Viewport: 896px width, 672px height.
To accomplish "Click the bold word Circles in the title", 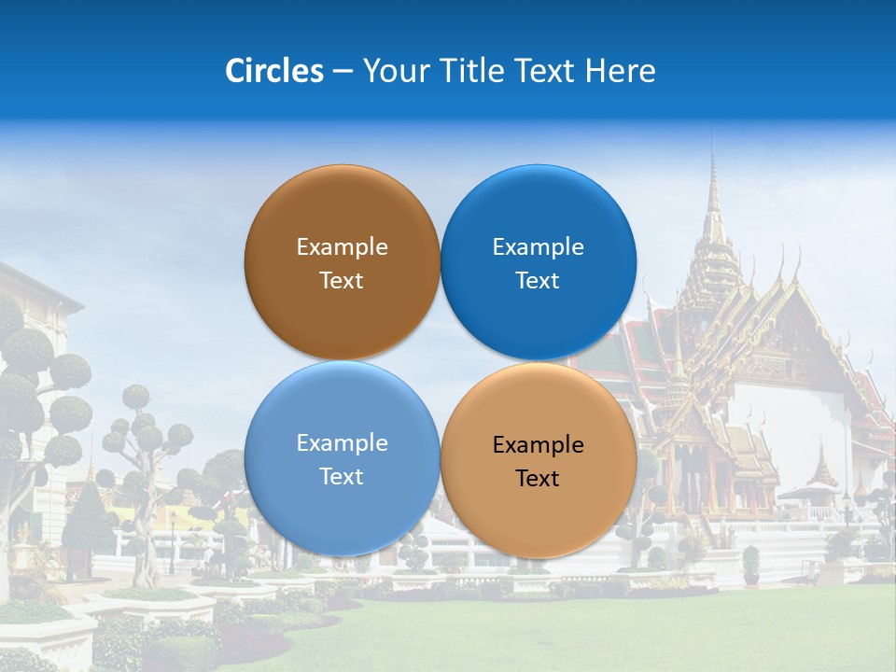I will coord(273,71).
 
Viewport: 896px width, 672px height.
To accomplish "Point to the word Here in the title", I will coord(621,71).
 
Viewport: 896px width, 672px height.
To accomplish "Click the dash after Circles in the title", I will coord(343,72).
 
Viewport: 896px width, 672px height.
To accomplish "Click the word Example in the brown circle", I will coord(342,247).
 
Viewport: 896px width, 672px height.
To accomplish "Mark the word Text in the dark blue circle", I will coord(538,281).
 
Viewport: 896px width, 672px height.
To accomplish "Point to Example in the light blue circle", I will coord(342,443).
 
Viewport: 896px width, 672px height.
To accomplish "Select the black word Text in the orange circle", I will coord(538,479).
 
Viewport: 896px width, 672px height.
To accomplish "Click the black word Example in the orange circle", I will coord(538,445).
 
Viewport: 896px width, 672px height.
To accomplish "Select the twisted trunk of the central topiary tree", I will coord(145,523).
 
